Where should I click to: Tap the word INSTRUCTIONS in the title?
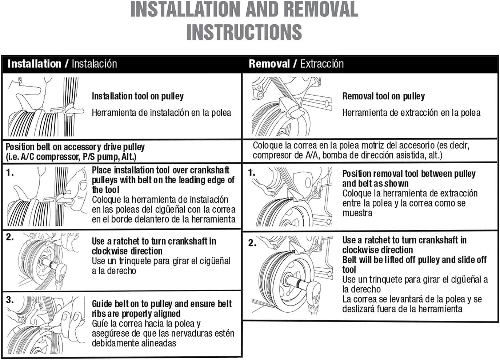pos(244,32)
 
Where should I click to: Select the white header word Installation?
pos(35,64)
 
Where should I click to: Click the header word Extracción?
pos(322,64)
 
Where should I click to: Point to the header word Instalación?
pos(95,64)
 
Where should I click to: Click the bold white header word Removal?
pos(269,64)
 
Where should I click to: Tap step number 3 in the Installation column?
pos(9,300)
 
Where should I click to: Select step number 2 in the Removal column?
pos(252,243)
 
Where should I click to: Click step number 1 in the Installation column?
pos(9,172)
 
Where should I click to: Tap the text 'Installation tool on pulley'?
pos(138,96)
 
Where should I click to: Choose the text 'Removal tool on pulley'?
pos(384,96)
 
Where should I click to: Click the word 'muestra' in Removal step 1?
pos(357,213)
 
